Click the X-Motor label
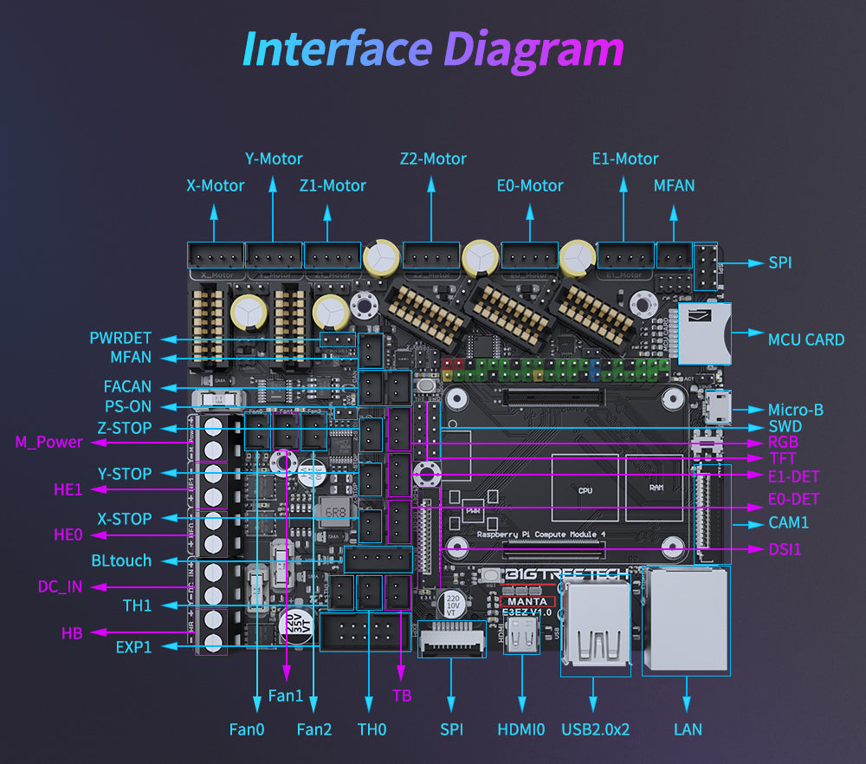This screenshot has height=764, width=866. pos(216,185)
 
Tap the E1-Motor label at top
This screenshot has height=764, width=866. pos(625,159)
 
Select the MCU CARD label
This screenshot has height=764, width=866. pos(805,340)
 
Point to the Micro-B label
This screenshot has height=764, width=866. pos(795,410)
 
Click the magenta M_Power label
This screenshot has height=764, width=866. pos(48,443)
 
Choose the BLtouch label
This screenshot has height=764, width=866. pos(121,560)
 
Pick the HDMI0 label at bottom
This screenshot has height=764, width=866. pos(521,729)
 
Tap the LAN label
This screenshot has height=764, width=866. pos(688,729)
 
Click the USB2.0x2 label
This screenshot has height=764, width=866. pos(595,729)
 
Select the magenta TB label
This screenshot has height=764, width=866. pos(402,696)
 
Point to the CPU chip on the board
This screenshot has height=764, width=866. pos(585,489)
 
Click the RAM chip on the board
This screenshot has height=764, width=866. pos(656,489)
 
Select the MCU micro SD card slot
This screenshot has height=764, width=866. pos(705,333)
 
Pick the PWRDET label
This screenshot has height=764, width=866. pos(120,338)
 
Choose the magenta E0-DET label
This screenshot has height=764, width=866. pos(793,499)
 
